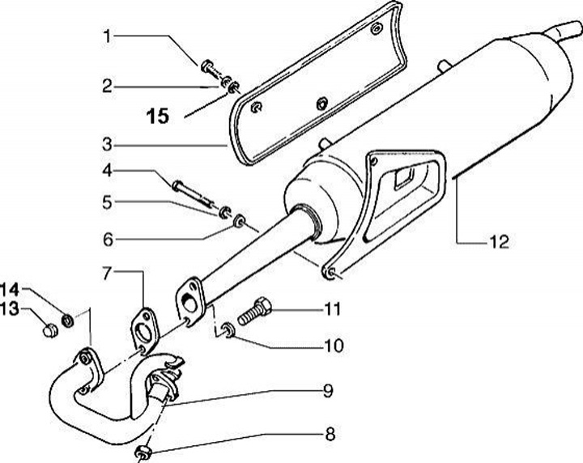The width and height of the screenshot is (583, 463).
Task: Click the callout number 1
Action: (107, 36)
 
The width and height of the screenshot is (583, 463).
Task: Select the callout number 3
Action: (107, 146)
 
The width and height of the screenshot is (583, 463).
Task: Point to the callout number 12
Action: (499, 241)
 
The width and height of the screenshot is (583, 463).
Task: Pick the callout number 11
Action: (333, 309)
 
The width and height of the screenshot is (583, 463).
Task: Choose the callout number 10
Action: (333, 346)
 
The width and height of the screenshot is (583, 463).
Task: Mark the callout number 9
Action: (328, 391)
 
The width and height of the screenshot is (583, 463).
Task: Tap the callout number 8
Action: (329, 435)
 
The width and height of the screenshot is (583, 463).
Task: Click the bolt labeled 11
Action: (253, 311)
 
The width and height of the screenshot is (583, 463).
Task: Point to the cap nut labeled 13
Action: (49, 328)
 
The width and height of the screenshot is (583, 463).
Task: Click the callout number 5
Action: (107, 202)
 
